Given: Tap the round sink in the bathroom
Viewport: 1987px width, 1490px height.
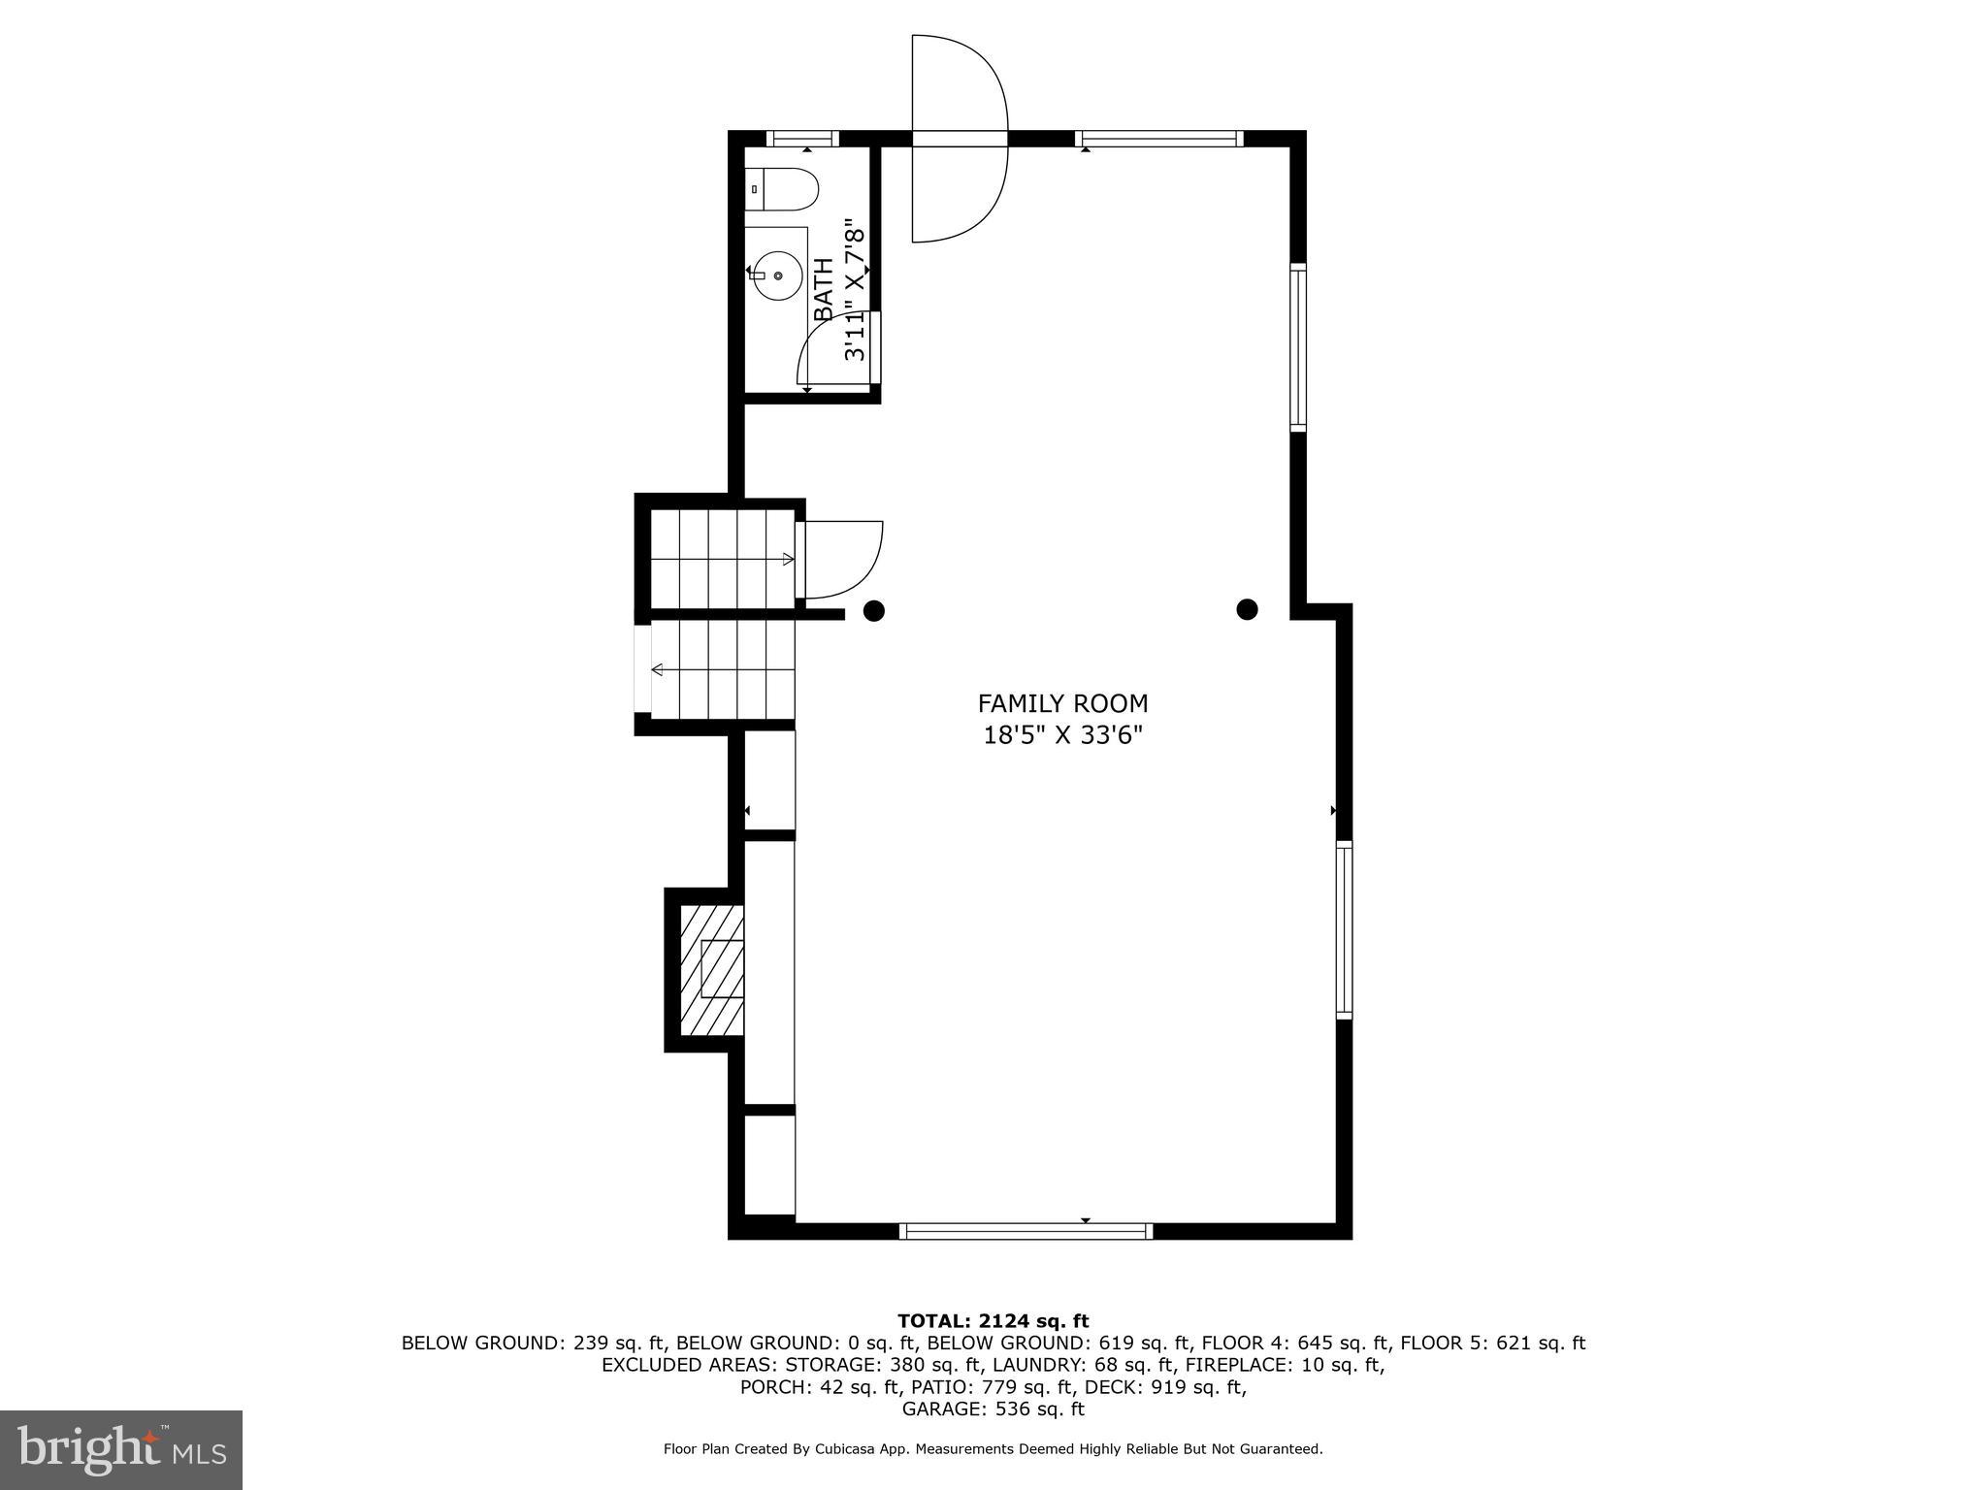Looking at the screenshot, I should pos(777,275).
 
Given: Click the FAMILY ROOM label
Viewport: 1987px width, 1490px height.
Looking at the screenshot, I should pos(1062,703).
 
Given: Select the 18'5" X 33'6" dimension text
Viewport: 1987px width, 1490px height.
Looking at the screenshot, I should pos(1062,735).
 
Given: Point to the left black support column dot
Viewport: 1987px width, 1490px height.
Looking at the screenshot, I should pos(874,610).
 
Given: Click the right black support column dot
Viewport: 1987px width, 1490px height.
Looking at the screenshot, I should pos(1247,609).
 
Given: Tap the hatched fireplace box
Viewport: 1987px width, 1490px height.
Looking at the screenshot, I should pos(711,969).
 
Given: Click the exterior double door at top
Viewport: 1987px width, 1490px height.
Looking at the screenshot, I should pos(959,138).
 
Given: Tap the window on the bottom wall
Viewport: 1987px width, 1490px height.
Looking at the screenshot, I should pos(1026,1231).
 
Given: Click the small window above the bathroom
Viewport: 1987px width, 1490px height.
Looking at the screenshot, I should pos(802,139).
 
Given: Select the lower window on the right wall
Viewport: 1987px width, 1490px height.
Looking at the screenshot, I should pos(1344,929).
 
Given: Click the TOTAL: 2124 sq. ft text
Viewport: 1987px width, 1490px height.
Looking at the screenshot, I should pos(993,1320).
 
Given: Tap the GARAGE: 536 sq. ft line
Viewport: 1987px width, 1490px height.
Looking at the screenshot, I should pos(993,1409).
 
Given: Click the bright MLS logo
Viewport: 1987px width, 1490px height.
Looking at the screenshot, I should pos(121,1449).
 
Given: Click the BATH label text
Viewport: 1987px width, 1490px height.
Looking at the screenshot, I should pos(823,289).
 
